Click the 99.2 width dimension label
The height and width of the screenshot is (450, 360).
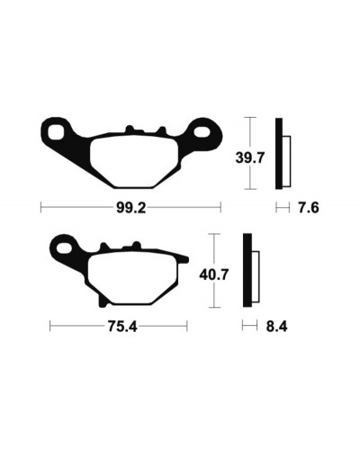coord(131,208)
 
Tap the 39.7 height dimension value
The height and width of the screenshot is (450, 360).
coord(250,157)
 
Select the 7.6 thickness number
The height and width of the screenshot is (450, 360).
coord(309,208)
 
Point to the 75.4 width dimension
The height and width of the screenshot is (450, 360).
coord(122,327)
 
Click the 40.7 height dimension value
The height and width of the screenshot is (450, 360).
coord(214,274)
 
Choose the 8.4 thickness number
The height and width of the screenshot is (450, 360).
coord(276,327)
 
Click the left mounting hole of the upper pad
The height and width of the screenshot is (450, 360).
coord(56,132)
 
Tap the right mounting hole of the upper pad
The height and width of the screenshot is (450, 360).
coord(202,131)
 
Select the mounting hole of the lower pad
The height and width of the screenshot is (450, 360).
coord(65,248)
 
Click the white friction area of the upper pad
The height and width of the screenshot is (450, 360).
coord(135,162)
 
